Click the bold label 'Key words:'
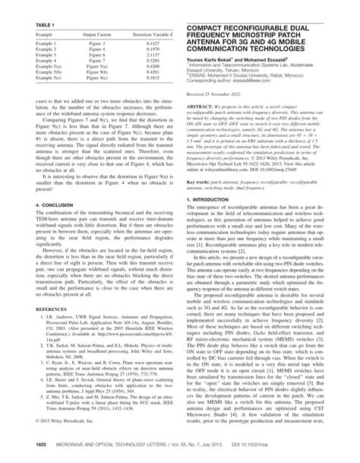tap(199, 205)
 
